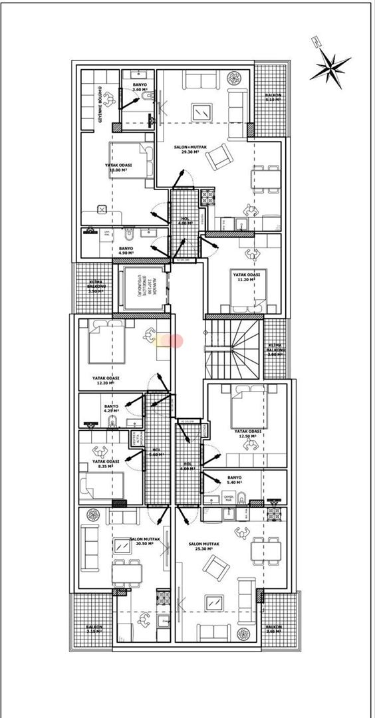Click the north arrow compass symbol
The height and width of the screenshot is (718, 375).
(330, 64)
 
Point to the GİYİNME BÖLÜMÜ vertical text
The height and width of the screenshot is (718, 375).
(100, 105)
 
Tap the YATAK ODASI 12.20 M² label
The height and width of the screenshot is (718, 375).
(106, 380)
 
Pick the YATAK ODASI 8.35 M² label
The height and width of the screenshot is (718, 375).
(106, 464)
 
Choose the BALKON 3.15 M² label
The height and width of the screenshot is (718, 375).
(94, 629)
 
